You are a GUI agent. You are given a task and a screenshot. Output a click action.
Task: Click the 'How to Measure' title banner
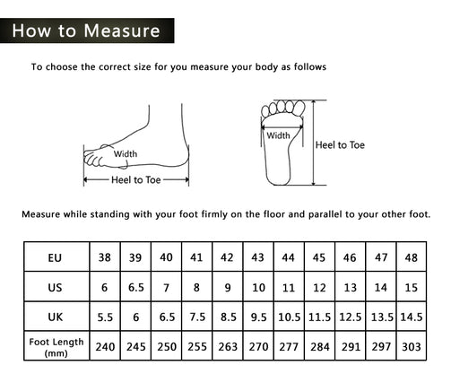pyautogui.click(x=87, y=30)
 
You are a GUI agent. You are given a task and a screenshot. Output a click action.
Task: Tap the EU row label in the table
pyautogui.click(x=55, y=257)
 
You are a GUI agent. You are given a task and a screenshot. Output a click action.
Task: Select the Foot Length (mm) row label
pyautogui.click(x=56, y=347)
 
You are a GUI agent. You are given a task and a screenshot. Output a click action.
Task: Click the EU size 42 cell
pyautogui.click(x=227, y=257)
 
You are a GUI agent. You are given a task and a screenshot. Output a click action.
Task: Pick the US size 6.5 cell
pyautogui.click(x=136, y=288)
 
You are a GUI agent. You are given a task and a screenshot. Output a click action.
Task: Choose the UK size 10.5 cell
pyautogui.click(x=289, y=317)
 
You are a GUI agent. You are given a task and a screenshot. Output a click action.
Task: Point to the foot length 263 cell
pyautogui.click(x=228, y=347)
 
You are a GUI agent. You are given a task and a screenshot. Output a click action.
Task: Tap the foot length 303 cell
pyautogui.click(x=412, y=347)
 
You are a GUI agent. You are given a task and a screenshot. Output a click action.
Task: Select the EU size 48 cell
pyautogui.click(x=412, y=257)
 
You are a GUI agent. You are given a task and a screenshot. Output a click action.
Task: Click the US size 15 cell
pyautogui.click(x=412, y=288)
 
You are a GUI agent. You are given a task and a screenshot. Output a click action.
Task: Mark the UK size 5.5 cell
pyautogui.click(x=105, y=317)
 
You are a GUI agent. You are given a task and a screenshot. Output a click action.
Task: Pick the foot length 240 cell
pyautogui.click(x=105, y=347)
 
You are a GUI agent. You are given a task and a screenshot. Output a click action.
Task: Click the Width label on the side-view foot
pyautogui.click(x=126, y=154)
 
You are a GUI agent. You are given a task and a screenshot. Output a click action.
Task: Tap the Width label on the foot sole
pyautogui.click(x=278, y=135)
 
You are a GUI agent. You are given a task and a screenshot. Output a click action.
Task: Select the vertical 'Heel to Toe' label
pyautogui.click(x=340, y=145)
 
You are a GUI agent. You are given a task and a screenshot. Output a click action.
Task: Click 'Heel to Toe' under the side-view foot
pyautogui.click(x=136, y=180)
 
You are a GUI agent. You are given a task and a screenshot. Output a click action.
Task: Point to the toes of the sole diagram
pyautogui.click(x=283, y=109)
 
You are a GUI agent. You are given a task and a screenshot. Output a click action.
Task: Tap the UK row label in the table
pyautogui.click(x=56, y=317)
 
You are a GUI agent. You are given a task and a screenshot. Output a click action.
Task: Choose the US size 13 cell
pyautogui.click(x=350, y=288)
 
